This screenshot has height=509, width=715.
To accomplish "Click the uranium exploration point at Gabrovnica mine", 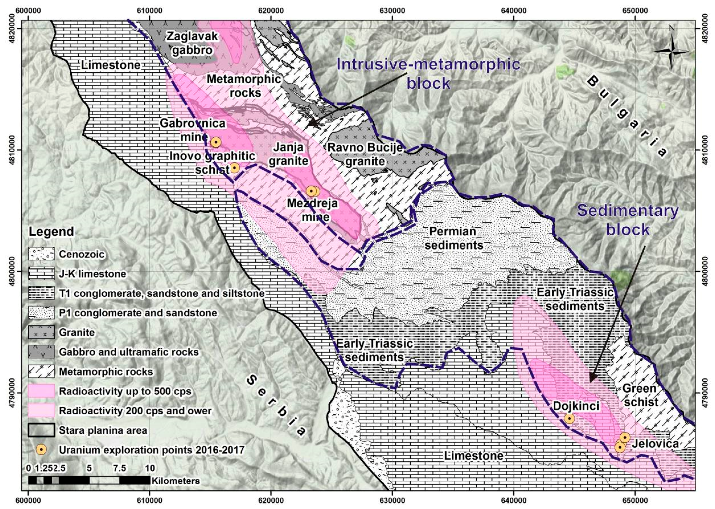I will coord(216,142).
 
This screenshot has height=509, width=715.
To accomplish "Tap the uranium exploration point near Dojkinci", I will coord(569,418).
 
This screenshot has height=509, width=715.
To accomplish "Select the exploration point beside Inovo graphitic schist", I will coord(235,168).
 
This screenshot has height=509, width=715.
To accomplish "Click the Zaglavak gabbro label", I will coord(192,43).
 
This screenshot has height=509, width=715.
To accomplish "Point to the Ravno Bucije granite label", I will coord(365,154).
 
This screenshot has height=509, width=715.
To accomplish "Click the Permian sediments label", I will coord(454,238).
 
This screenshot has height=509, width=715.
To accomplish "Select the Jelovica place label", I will coord(655,443).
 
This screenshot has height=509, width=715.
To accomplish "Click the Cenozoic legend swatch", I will coord(41,254).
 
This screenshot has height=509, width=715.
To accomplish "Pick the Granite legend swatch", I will coord(41,332).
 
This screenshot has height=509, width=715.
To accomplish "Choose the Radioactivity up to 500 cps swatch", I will coord(41,391).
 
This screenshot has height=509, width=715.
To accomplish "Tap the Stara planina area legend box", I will coord(41,430).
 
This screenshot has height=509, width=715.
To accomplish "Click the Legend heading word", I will coord(51,232).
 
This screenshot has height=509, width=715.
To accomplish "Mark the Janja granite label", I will coord(288,154).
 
